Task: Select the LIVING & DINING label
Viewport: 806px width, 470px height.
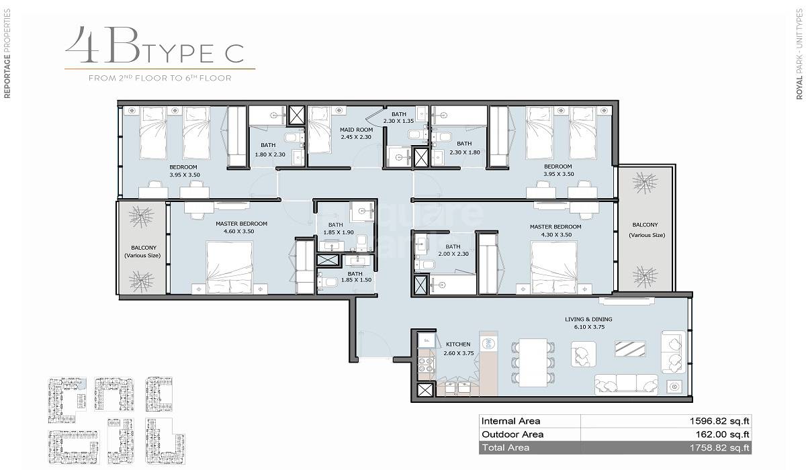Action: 589,320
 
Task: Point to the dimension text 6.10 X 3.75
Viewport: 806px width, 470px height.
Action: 589,328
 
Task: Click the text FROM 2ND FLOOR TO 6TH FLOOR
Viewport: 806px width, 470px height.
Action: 160,78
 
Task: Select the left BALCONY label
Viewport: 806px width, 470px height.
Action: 144,248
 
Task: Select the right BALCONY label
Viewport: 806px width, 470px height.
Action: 644,225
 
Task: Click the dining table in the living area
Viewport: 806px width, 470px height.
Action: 535,362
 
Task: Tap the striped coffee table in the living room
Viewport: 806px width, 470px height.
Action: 631,348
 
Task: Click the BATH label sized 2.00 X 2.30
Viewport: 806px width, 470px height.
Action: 453,246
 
